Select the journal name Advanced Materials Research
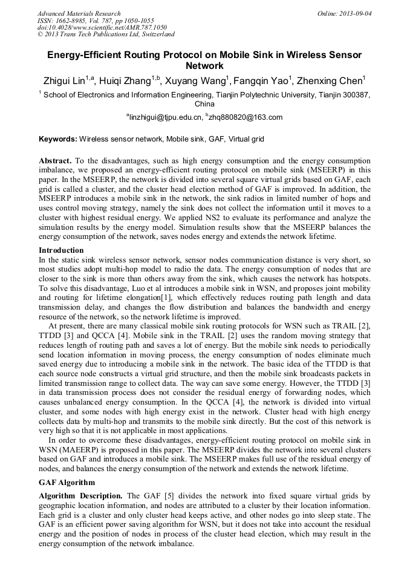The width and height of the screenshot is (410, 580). click(79, 13)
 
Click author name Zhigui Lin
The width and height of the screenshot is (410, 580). click(63, 81)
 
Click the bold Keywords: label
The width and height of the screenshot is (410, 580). click(58, 139)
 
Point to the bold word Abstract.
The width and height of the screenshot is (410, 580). click(55, 161)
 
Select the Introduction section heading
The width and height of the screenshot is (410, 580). click(61, 250)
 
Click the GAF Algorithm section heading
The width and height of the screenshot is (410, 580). click(67, 483)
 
